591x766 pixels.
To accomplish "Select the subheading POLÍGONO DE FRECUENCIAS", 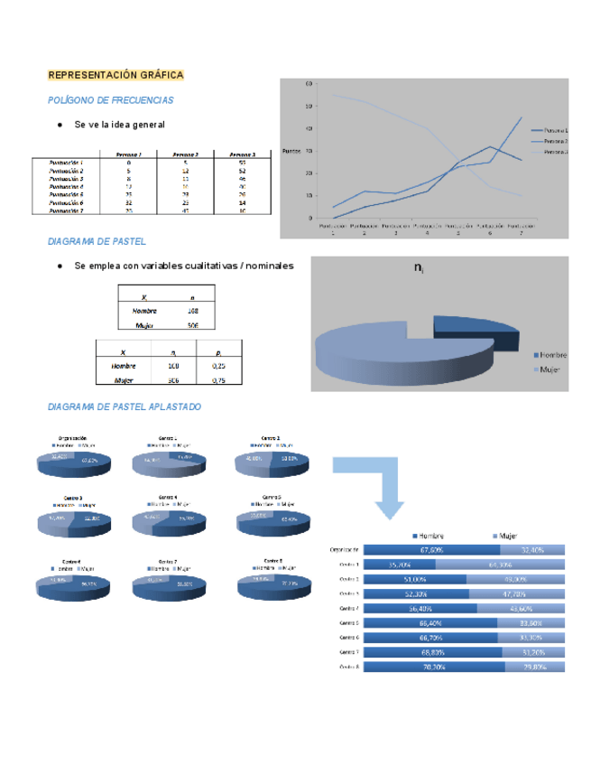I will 110,100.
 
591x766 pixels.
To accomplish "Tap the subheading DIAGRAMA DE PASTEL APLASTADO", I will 124,406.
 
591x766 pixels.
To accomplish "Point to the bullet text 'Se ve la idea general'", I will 120,124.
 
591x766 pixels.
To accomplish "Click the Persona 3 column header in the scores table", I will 242,154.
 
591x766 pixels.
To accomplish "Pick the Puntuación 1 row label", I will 66,163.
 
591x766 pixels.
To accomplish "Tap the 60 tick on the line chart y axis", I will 310,84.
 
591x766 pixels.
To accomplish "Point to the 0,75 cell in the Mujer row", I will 217,381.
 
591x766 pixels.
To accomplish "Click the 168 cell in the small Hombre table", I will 192,311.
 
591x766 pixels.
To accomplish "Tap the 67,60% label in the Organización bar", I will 436,548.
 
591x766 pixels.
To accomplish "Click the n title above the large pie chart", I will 419,267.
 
